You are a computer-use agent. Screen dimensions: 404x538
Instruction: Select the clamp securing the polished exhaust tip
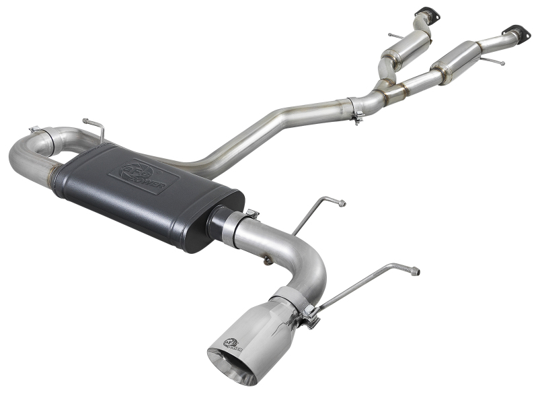(x=308, y=316)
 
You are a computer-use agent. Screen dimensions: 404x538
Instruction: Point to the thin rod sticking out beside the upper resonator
(x=394, y=35)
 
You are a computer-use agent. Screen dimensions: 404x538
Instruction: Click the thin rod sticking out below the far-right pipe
(x=494, y=61)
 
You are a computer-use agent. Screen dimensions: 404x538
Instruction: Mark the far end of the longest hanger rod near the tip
(x=415, y=271)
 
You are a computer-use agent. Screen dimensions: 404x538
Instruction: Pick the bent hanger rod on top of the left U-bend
(x=94, y=128)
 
